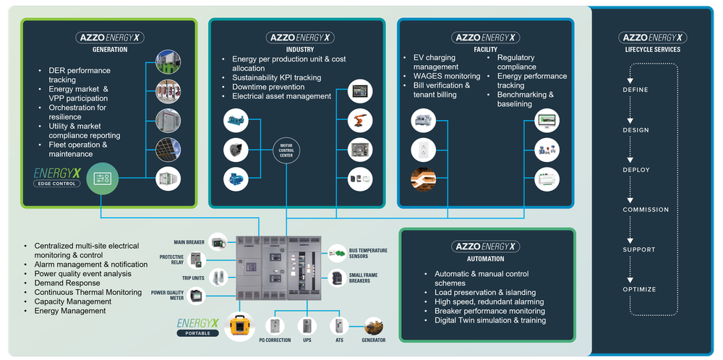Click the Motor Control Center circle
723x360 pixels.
point(286,150)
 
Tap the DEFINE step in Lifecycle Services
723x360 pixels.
point(636,90)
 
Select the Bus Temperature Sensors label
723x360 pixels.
point(368,253)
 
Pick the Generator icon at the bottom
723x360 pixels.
point(374,326)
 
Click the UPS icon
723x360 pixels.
point(306,326)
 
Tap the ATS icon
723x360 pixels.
point(339,326)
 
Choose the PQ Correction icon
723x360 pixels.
point(275,326)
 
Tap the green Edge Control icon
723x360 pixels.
point(101,178)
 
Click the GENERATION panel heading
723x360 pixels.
point(109,50)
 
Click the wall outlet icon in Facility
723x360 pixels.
point(422,150)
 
